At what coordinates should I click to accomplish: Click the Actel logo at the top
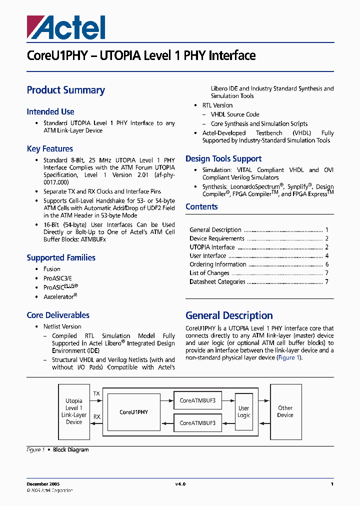point(66,27)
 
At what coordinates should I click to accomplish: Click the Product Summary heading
point(65,90)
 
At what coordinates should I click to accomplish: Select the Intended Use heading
point(50,112)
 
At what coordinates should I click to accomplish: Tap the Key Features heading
point(50,149)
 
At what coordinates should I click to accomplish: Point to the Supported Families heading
point(61,258)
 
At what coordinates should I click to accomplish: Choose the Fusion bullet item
point(52,269)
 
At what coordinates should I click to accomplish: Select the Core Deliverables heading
point(58,315)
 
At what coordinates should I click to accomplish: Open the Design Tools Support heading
point(223,159)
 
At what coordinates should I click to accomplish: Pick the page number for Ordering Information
point(327,264)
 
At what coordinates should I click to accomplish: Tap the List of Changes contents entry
point(209,273)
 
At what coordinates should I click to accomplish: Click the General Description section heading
point(229,315)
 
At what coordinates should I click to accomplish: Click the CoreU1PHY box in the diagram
point(133,412)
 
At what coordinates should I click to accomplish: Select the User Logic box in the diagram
point(244,412)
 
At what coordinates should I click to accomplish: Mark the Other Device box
point(285,411)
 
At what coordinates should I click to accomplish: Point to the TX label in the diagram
point(96,394)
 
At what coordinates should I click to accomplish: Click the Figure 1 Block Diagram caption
point(57,450)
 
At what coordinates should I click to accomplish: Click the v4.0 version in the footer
point(180,484)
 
